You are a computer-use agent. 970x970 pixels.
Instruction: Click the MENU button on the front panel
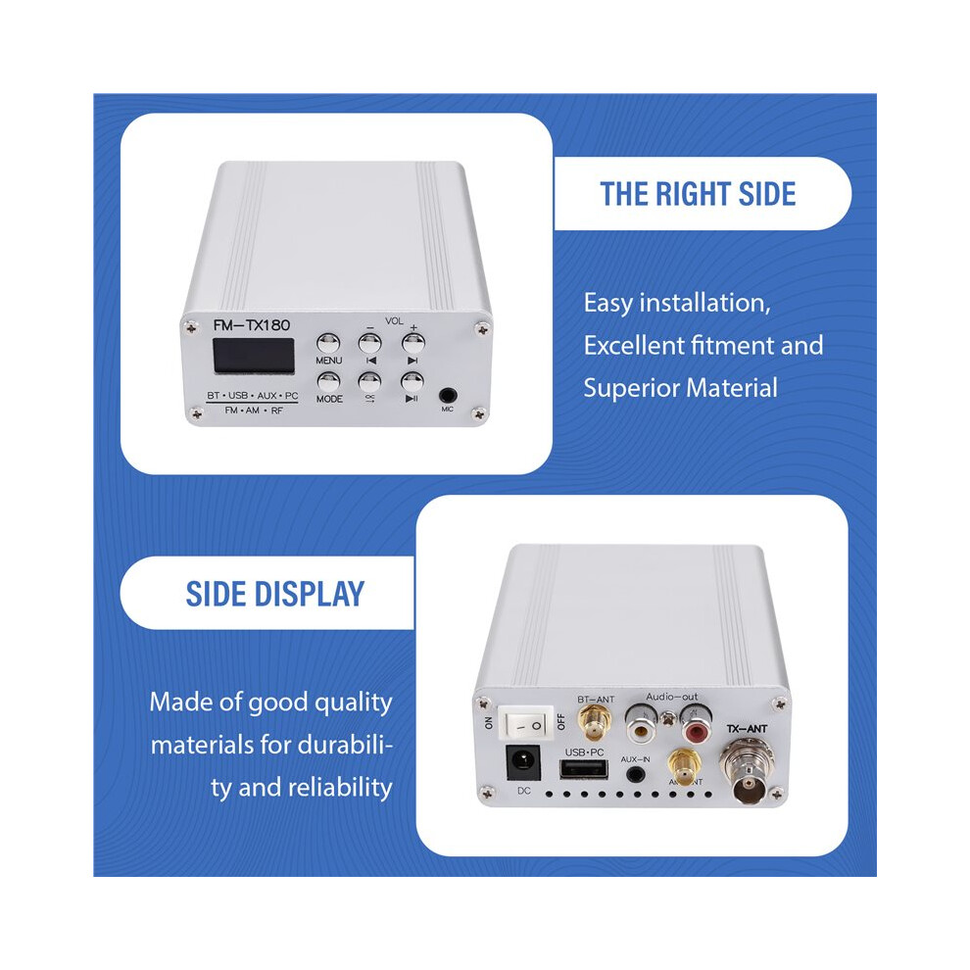(328, 343)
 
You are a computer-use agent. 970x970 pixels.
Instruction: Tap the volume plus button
(412, 342)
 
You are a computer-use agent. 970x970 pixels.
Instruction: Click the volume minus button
(370, 343)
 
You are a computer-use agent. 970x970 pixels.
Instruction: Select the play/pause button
(412, 382)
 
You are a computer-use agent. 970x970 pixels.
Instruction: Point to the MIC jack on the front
(447, 395)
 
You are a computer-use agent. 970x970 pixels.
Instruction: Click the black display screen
(254, 356)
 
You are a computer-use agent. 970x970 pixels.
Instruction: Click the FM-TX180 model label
(251, 324)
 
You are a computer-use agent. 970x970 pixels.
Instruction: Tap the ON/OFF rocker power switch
(526, 723)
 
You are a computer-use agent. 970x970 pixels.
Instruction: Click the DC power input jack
(523, 762)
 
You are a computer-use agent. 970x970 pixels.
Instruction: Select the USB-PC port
(583, 769)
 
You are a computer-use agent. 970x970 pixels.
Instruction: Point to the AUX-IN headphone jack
(634, 773)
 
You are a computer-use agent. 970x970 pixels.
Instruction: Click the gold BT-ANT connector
(594, 722)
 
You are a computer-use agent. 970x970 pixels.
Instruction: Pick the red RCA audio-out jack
(696, 725)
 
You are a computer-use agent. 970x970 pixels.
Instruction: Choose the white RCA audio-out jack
(640, 724)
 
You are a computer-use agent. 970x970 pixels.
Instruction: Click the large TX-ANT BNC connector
(748, 771)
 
